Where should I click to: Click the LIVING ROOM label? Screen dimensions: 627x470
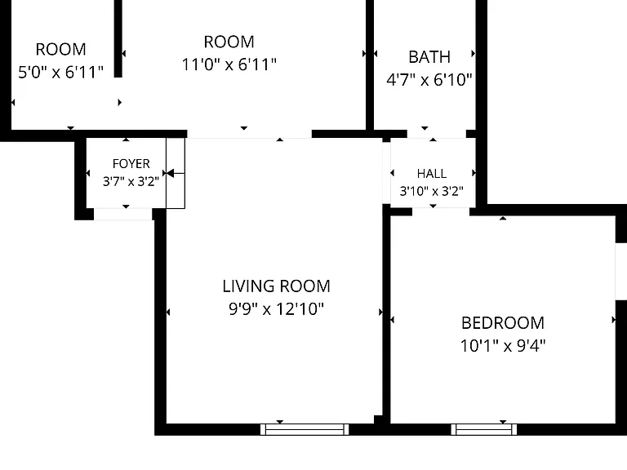click(x=276, y=286)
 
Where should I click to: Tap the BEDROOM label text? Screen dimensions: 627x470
click(x=503, y=323)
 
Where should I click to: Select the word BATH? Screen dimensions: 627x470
click(x=429, y=57)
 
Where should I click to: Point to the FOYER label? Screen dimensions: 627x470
click(x=131, y=164)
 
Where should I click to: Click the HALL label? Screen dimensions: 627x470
click(x=432, y=174)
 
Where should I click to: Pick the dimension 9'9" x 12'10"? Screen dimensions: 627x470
click(x=276, y=309)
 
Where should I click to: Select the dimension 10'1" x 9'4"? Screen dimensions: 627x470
click(x=503, y=346)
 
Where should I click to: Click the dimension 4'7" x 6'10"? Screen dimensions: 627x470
click(x=429, y=80)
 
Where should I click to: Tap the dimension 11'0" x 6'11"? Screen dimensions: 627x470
click(x=229, y=64)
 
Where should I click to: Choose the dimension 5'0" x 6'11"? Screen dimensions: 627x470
click(x=60, y=73)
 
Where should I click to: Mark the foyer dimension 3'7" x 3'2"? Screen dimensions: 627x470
click(x=131, y=182)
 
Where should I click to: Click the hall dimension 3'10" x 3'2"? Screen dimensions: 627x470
click(x=432, y=191)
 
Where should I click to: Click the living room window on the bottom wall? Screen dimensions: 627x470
click(x=305, y=430)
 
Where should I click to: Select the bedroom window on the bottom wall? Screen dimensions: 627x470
click(x=484, y=430)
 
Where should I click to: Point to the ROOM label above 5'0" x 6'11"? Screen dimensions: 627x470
click(x=60, y=50)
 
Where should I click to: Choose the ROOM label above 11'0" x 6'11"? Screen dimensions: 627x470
click(x=229, y=42)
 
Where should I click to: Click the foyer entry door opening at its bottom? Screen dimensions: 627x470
click(x=122, y=215)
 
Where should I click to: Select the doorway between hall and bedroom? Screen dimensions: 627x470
click(x=441, y=211)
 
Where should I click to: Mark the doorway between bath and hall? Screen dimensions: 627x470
click(x=437, y=134)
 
